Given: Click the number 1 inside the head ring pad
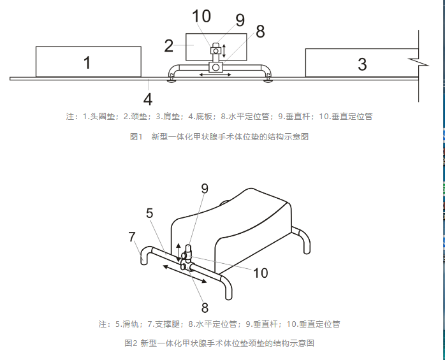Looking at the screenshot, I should tap(87, 62).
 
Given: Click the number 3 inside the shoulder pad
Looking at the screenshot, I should tap(362, 64).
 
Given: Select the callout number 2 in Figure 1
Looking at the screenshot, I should tap(169, 45).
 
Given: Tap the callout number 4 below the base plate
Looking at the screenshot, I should tap(147, 99).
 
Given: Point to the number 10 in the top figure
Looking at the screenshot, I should tap(201, 17).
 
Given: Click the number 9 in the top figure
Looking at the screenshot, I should tap(240, 20).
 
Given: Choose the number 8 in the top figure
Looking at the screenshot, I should tap(259, 32).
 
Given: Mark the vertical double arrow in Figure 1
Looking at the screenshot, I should tap(224, 50).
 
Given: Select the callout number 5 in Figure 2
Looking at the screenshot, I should tap(149, 213).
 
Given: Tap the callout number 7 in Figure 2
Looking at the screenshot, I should tap(132, 237).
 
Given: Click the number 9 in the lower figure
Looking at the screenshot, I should tap(205, 189).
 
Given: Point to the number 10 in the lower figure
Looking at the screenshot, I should tap(260, 273).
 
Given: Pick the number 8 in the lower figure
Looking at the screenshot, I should tap(205, 308).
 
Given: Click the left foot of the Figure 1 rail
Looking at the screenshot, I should tap(171, 79).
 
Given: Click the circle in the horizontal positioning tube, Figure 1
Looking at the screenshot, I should tap(215, 67).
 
